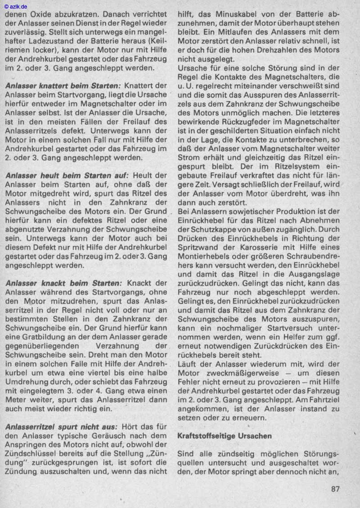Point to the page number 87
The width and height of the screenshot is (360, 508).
pyautogui.click(x=334, y=489)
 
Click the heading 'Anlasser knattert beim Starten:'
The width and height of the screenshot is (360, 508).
pyautogui.click(x=63, y=85)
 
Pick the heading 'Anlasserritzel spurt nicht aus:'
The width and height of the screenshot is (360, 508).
pyautogui.click(x=63, y=426)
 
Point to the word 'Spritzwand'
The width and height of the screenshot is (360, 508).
pyautogui.click(x=198, y=247)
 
